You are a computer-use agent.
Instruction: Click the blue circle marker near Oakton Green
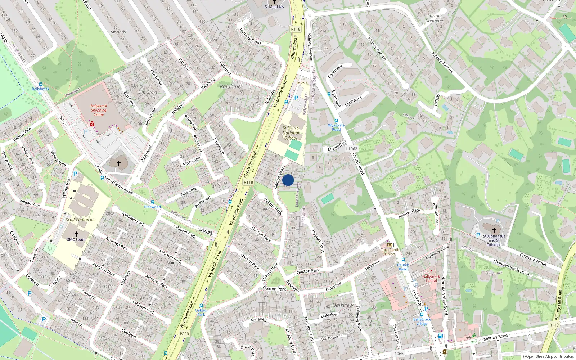(288, 180)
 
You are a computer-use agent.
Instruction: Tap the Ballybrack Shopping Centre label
(99, 110)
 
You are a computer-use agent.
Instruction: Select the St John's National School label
(291, 133)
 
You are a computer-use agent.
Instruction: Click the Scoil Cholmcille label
(81, 219)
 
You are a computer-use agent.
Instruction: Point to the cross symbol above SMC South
(76, 234)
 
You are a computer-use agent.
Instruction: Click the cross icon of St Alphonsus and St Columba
(494, 230)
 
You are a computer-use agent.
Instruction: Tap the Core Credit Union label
(390, 252)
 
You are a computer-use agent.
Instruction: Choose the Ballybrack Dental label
(431, 279)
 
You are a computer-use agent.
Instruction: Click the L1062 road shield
(352, 149)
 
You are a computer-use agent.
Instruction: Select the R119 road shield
(554, 325)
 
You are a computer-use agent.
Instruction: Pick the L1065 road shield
(398, 354)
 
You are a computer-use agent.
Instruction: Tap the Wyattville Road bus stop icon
(336, 121)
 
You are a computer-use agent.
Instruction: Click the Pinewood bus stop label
(152, 207)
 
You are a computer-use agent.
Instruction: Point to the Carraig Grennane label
(435, 18)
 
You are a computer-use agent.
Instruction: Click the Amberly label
(118, 32)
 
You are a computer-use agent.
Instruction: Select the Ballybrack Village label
(422, 321)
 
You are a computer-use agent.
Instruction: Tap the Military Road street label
(495, 337)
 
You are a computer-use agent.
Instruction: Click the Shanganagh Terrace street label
(511, 267)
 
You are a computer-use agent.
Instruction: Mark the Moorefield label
(337, 147)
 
